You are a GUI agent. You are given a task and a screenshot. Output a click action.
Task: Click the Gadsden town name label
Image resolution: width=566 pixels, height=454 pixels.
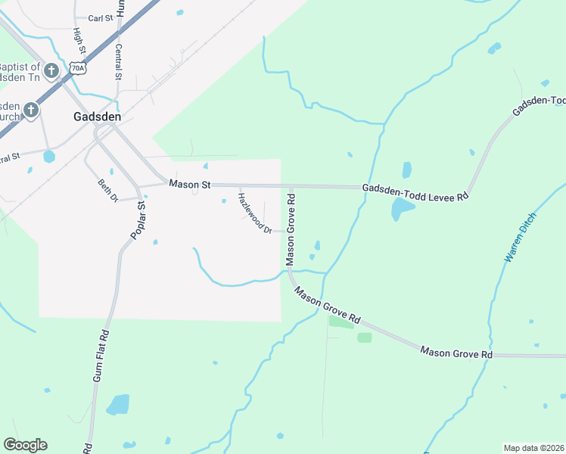pyautogui.click(x=98, y=117)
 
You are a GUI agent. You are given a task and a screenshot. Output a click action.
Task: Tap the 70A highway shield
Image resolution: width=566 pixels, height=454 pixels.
pyautogui.click(x=76, y=68)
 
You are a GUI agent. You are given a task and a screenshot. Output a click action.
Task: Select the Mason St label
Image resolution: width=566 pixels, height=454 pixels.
pyautogui.click(x=189, y=184)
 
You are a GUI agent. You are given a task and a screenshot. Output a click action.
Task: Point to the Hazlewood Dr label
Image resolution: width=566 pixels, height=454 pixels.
pyautogui.click(x=254, y=213)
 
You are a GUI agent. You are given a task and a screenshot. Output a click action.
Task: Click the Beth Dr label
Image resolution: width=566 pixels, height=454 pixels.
pyautogui.click(x=109, y=189)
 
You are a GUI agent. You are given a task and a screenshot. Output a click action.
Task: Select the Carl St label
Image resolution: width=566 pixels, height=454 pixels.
pyautogui.click(x=100, y=17)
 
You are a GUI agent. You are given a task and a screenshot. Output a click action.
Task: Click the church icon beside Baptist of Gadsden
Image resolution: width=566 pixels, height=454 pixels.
pyautogui.click(x=51, y=72)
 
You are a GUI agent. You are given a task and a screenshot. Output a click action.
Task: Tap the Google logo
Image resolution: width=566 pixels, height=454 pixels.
pyautogui.click(x=25, y=445)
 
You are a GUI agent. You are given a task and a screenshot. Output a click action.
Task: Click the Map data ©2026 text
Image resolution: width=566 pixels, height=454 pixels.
pyautogui.click(x=533, y=448)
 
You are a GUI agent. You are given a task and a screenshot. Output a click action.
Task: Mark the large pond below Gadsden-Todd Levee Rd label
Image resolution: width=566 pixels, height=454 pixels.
pyautogui.click(x=402, y=209)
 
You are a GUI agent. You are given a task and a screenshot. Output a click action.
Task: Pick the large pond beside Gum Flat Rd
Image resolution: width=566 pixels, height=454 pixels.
pyautogui.click(x=118, y=405)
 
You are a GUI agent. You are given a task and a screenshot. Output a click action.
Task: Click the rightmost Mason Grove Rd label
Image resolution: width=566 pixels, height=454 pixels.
pyautogui.click(x=456, y=353)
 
